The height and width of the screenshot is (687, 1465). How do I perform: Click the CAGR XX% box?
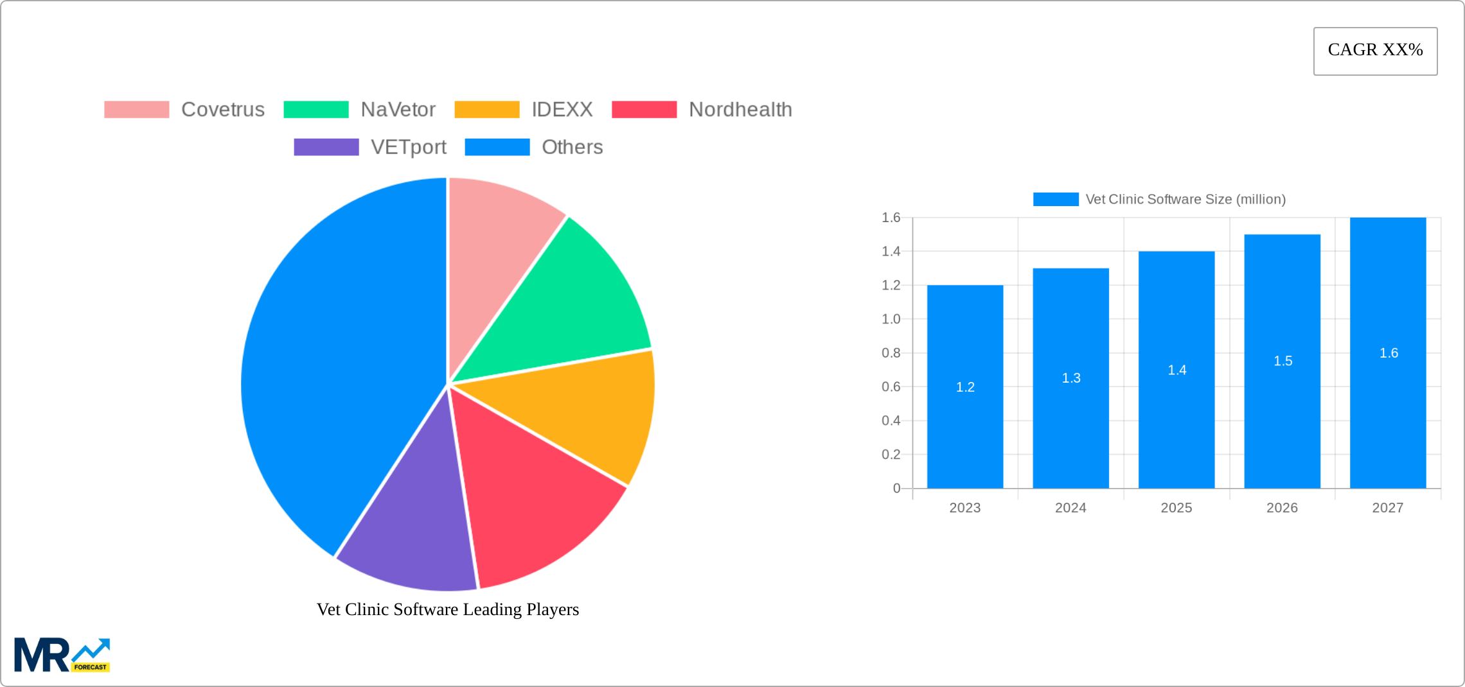[1375, 51]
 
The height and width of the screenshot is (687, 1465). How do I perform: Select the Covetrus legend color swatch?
[136, 110]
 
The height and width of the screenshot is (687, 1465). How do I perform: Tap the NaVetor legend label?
[398, 110]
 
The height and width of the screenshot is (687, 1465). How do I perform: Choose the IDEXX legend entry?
[562, 110]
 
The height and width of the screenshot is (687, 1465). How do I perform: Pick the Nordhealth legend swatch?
[644, 110]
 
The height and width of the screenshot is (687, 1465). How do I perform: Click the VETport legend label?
[408, 147]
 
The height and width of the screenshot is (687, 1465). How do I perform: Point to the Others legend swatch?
[497, 147]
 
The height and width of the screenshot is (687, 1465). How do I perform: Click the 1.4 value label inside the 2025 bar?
[1176, 370]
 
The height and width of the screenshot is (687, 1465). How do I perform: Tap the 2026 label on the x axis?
[1282, 508]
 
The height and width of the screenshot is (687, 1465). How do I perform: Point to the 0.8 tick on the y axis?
[891, 352]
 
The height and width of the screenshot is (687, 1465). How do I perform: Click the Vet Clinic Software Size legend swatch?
[1056, 199]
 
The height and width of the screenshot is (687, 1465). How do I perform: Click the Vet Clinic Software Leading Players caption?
[448, 609]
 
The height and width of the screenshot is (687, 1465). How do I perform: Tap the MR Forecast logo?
[62, 655]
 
